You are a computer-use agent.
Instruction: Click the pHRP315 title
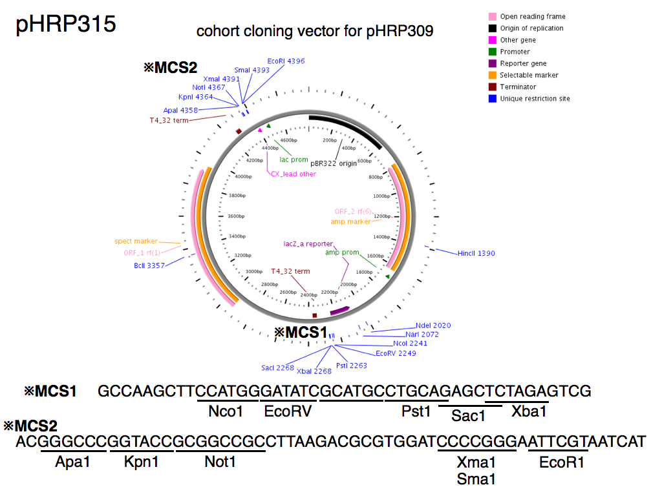coord(65,24)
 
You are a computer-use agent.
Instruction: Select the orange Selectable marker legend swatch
coord(493,76)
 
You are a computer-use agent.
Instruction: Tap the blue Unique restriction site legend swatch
coord(493,99)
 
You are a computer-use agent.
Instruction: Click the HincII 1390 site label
coord(476,254)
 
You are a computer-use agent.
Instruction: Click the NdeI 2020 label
coord(433,325)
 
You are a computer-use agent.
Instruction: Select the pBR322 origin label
coord(334,163)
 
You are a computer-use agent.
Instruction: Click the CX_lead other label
coord(293,174)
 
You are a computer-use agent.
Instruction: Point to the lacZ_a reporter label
coord(308,244)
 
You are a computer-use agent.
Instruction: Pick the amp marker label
coord(350,222)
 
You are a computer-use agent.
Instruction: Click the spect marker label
coord(136,242)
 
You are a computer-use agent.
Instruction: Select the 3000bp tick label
coord(255,271)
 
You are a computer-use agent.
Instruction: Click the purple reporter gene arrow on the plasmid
coord(339,311)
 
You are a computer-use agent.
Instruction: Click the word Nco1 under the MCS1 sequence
coord(226,411)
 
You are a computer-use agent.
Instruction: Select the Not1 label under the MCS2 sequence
coord(220,462)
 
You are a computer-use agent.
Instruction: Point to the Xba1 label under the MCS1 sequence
coord(529,411)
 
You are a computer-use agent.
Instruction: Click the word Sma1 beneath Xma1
coord(476,479)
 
